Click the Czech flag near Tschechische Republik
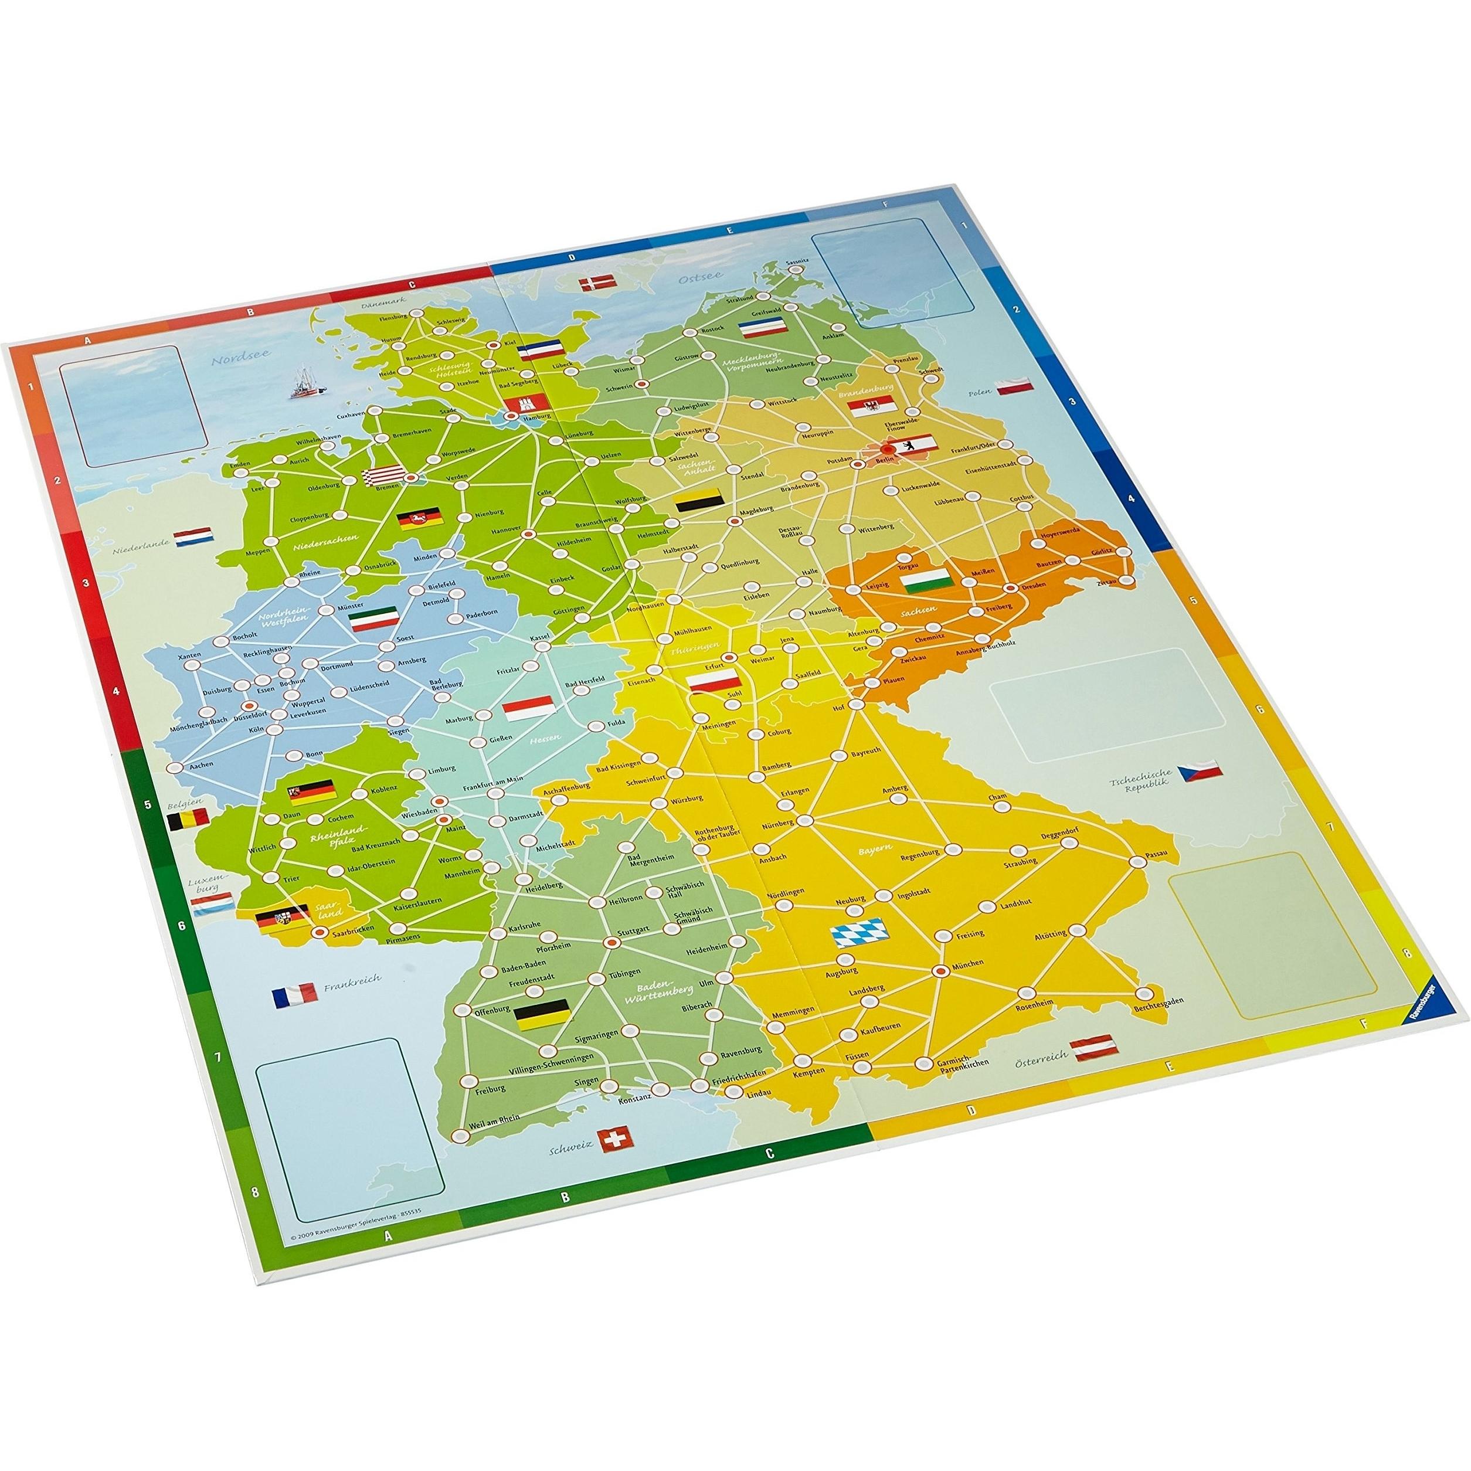[1201, 772]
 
